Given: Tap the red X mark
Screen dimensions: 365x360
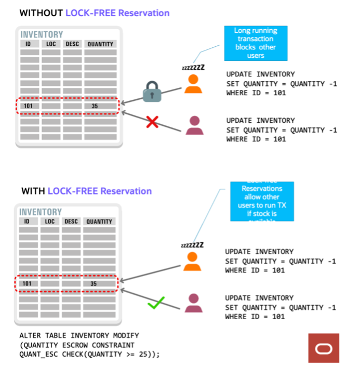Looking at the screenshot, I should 152,122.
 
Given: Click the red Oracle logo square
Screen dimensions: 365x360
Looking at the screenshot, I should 323,348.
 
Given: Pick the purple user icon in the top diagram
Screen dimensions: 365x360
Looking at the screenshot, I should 194,125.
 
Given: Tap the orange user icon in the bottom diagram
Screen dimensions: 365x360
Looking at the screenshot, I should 193,261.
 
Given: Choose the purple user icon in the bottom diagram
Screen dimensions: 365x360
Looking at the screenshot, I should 193,303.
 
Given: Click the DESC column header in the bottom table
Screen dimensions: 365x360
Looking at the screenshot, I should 71,221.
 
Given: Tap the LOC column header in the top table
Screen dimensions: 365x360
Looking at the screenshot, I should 51,44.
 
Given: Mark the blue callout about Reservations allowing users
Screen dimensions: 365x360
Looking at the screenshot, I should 262,201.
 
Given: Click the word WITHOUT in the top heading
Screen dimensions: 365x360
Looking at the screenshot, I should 40,13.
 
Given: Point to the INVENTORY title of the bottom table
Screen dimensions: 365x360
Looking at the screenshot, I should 41,212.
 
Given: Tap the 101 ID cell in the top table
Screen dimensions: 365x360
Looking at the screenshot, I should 29,106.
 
